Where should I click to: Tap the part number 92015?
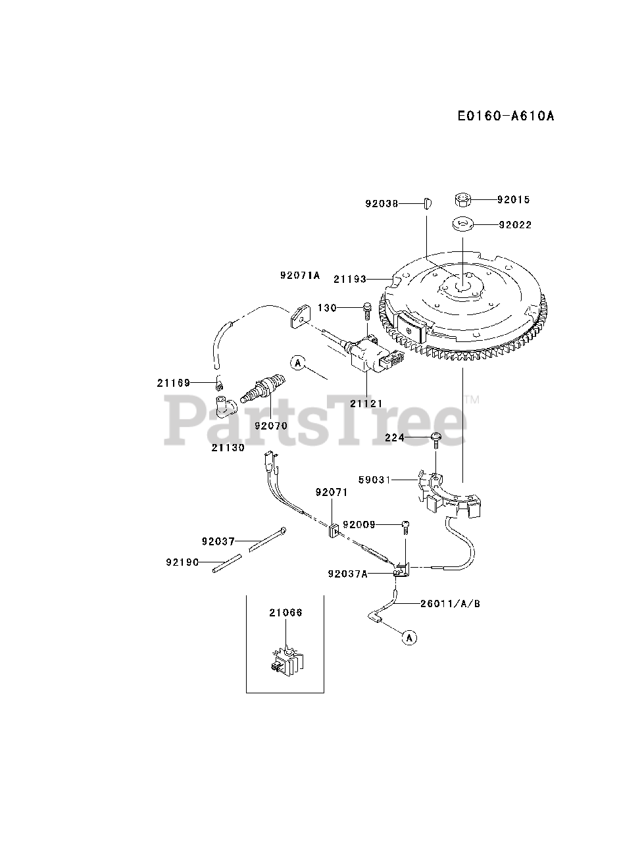point(513,199)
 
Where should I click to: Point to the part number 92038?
point(382,203)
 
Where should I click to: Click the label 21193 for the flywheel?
point(350,279)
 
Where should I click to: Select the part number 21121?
point(366,403)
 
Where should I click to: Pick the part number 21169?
point(174,383)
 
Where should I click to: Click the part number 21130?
point(228,447)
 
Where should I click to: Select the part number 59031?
point(374,480)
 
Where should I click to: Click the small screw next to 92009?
point(405,524)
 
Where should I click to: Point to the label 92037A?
point(347,573)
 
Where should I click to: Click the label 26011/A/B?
point(451,603)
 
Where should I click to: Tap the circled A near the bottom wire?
point(409,637)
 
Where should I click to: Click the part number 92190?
point(182,562)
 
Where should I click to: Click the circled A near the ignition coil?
point(298,362)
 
